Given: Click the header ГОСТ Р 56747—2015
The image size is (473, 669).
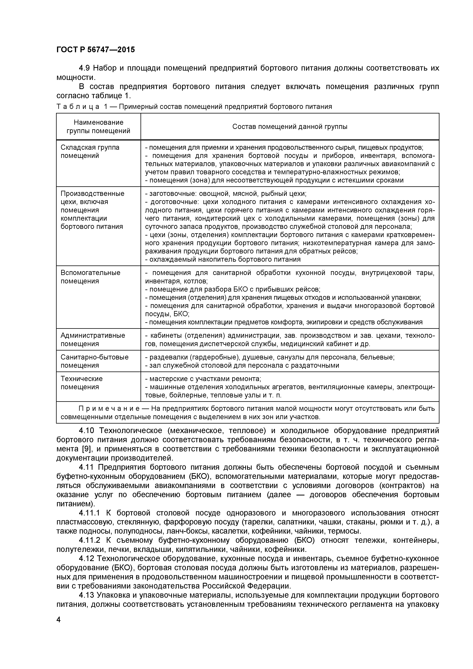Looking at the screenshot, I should click(96, 50).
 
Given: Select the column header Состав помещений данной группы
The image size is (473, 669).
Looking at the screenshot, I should click(290, 127).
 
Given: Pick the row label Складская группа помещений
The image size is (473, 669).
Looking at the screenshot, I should click(90, 151).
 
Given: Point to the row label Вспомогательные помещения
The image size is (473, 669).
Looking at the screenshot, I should click(90, 277).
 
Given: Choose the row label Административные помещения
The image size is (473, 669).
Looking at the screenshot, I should click(93, 339).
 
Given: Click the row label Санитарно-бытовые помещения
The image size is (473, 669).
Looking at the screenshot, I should click(94, 361).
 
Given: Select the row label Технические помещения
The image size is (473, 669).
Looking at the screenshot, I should click(82, 383).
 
